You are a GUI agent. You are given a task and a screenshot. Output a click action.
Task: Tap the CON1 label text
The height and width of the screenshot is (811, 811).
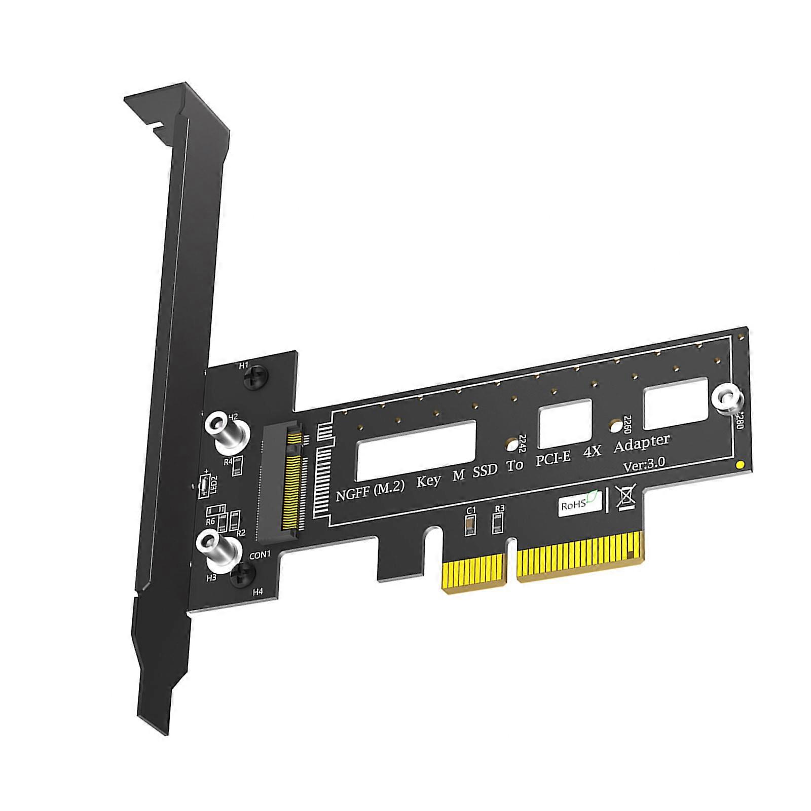tap(260, 555)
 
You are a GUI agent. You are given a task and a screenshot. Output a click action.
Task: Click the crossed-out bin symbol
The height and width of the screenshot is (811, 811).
tap(625, 497)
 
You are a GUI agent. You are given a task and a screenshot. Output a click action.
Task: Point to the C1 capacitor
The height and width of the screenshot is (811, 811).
tap(470, 524)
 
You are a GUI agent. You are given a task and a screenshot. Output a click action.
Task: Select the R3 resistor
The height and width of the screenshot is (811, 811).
tap(498, 523)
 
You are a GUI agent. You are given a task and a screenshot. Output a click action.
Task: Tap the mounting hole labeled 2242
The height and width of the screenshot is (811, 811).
tap(512, 445)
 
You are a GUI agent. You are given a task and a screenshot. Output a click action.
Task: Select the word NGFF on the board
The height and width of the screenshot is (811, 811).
tap(352, 493)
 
